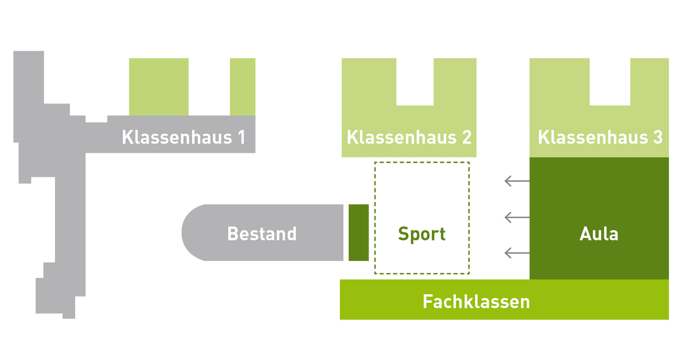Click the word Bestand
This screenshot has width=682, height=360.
(x=262, y=234)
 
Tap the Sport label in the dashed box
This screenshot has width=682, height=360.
(x=422, y=234)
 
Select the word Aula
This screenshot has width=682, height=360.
(x=599, y=234)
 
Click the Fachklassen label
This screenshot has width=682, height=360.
(x=476, y=301)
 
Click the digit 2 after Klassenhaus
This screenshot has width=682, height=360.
(x=467, y=137)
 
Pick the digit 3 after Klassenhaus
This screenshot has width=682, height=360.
(x=658, y=137)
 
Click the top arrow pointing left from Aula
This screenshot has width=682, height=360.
(x=517, y=181)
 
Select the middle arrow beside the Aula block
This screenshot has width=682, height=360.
(x=517, y=217)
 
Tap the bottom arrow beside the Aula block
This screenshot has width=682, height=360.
(x=517, y=253)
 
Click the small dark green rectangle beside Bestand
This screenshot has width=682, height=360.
(x=358, y=233)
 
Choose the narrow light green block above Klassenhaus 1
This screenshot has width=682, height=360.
(x=242, y=87)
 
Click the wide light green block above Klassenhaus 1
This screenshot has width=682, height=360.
(x=159, y=87)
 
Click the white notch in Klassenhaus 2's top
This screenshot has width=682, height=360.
(x=415, y=82)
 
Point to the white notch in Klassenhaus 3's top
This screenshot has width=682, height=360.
(x=610, y=82)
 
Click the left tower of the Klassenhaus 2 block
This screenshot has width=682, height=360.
(x=369, y=83)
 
